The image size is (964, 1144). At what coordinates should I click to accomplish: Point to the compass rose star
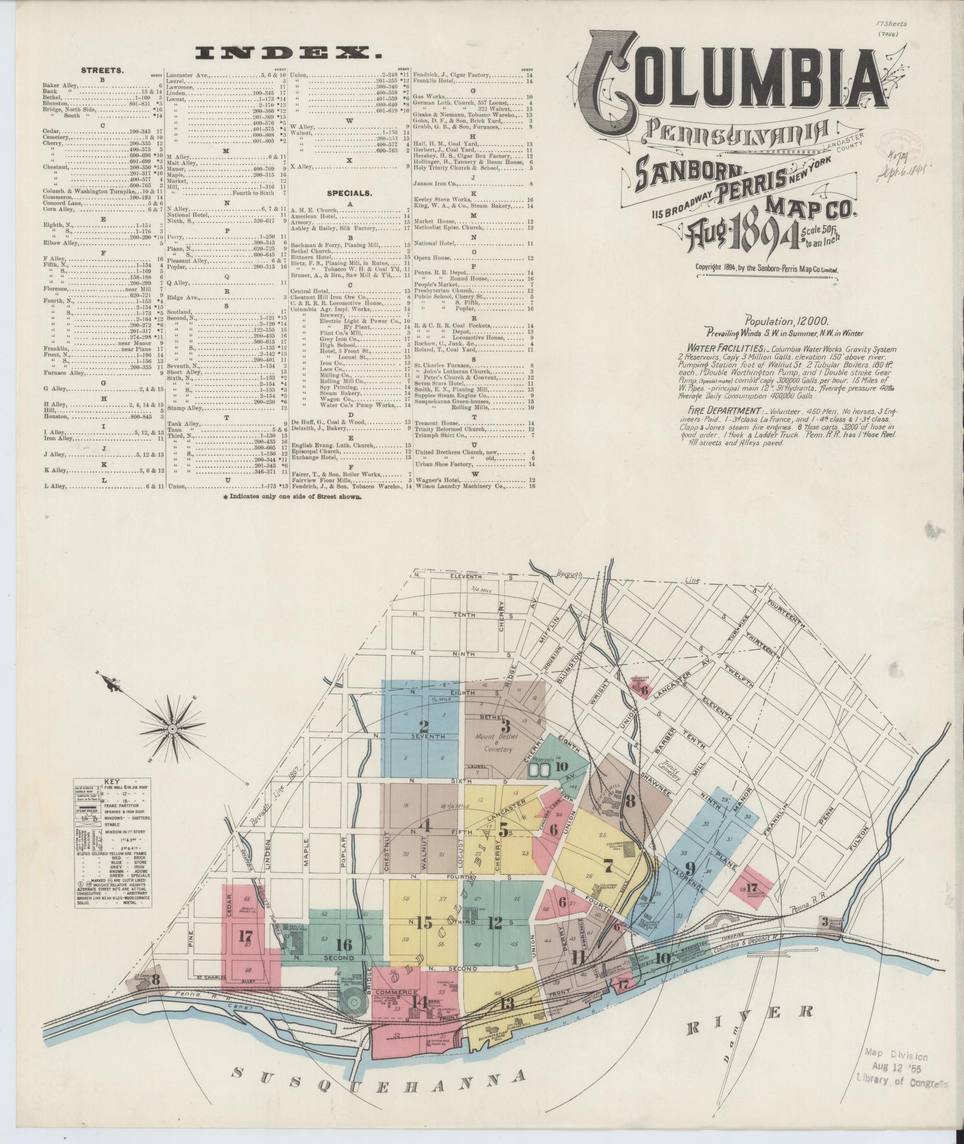click(x=172, y=729)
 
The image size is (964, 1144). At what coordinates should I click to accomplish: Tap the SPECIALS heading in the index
click(x=349, y=194)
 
